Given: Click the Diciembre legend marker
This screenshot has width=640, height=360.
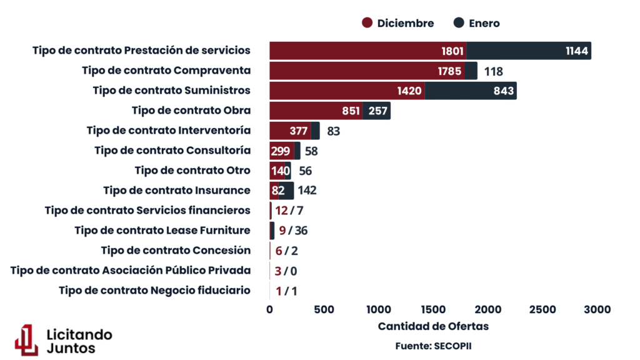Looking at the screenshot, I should (367, 23).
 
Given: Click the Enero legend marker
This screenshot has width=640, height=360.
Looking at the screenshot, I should (459, 23).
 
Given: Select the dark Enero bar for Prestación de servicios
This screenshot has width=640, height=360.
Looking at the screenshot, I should (528, 51).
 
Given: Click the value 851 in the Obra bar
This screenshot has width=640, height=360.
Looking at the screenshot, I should (351, 111).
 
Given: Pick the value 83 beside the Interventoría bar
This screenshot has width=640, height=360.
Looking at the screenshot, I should (334, 131).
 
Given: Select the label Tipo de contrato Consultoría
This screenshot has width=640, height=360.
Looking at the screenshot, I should (172, 150).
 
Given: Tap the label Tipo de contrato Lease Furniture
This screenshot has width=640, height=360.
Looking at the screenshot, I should (162, 230).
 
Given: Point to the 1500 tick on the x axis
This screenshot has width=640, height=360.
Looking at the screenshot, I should (433, 309).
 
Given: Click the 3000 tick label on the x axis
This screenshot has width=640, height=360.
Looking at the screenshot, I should (597, 309).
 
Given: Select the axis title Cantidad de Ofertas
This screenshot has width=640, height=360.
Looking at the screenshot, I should (433, 326).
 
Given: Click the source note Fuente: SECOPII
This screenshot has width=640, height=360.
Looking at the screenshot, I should (433, 345).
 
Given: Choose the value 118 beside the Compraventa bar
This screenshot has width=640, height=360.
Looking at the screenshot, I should (493, 71).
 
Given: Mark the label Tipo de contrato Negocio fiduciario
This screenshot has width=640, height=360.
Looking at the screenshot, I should (154, 290).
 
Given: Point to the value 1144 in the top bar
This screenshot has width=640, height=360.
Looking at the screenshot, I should (576, 51).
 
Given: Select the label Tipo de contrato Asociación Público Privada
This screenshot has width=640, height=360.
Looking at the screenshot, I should (131, 270).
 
